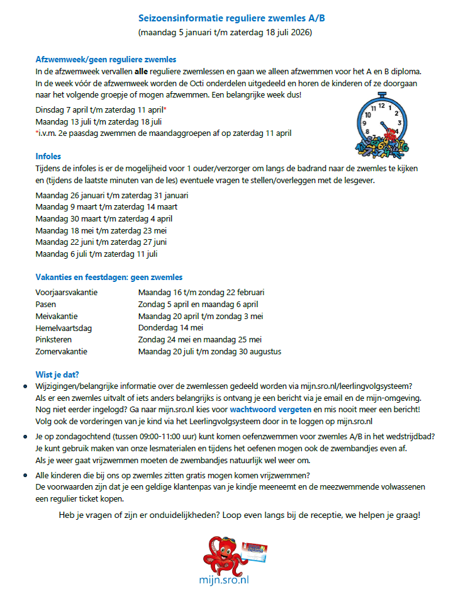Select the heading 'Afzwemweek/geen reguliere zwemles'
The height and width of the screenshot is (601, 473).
106,60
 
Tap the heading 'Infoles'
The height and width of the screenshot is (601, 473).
48,157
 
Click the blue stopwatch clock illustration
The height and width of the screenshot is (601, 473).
381,124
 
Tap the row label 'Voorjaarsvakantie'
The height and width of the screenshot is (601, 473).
67,293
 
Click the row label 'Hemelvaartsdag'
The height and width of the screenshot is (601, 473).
64,328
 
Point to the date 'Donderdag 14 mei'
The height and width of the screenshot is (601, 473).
170,328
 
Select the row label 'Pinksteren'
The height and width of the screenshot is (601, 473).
55,340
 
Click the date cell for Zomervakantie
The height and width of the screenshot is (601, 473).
209,352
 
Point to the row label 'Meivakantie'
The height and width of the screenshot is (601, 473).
57,317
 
